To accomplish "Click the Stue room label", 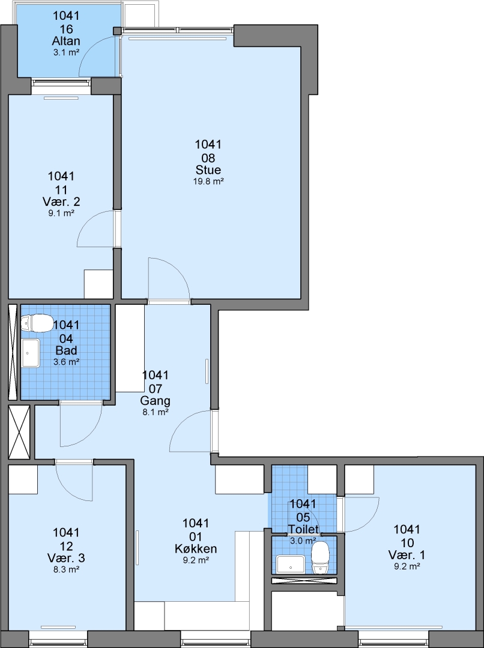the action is click(208, 170).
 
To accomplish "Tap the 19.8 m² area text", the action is click(208, 181).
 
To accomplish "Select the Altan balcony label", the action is click(66, 41).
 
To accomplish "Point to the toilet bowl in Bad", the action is click(37, 323).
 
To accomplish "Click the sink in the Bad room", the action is click(31, 353).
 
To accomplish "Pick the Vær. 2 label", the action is click(61, 202).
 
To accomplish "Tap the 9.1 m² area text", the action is click(61, 213).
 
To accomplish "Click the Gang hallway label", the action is click(155, 401).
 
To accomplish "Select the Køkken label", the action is click(196, 549).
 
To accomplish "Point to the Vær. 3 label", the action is click(66, 558).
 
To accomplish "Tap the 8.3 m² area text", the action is click(66, 569).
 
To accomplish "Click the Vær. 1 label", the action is click(407, 555).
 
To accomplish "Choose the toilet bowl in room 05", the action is click(320, 558).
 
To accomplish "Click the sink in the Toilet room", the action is click(291, 565).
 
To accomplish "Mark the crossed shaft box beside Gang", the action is click(19, 432).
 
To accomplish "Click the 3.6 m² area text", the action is click(66, 362).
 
